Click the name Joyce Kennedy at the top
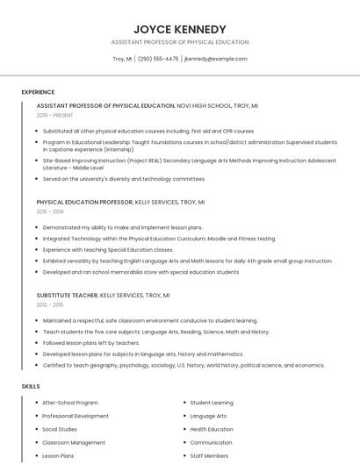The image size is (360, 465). click(x=180, y=29)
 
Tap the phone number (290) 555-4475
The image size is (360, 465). click(x=158, y=59)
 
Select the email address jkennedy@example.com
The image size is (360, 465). click(x=216, y=59)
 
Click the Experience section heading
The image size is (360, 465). click(x=38, y=92)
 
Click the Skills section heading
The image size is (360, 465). click(x=30, y=386)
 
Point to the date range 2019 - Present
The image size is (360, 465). click(x=55, y=115)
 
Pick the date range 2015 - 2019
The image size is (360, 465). click(x=50, y=211)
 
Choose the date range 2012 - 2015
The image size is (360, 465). click(x=50, y=304)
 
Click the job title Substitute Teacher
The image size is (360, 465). click(x=67, y=296)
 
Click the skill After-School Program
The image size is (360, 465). click(x=70, y=403)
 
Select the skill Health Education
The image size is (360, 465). click(x=212, y=429)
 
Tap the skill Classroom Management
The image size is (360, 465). click(x=74, y=443)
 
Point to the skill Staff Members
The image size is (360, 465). click(x=209, y=456)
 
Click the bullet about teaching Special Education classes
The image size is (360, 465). click(x=108, y=249)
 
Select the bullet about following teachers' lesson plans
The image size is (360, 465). click(x=91, y=343)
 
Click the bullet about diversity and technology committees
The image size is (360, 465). click(x=124, y=179)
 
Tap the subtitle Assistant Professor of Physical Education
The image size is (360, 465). click(x=180, y=42)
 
